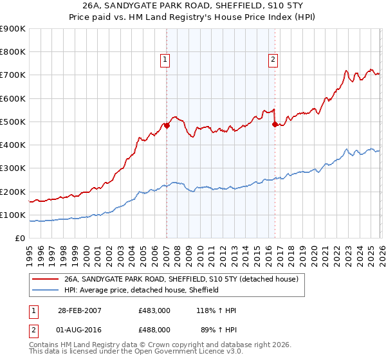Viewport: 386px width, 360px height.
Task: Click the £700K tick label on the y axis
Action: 13,75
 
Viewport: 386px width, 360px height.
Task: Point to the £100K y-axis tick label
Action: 13,215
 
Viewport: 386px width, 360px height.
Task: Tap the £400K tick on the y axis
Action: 13,145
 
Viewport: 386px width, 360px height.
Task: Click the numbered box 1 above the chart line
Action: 165,60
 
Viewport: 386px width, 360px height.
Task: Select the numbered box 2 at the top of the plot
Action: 273,60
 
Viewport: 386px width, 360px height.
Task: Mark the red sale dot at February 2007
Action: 167,126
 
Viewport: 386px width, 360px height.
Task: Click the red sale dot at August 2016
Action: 275,125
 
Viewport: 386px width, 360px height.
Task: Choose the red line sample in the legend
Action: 46,280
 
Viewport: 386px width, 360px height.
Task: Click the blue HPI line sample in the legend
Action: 46,291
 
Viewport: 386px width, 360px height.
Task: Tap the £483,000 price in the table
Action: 154,310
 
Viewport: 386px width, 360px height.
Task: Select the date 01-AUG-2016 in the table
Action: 77,329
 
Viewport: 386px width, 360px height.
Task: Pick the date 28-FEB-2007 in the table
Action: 77,310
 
